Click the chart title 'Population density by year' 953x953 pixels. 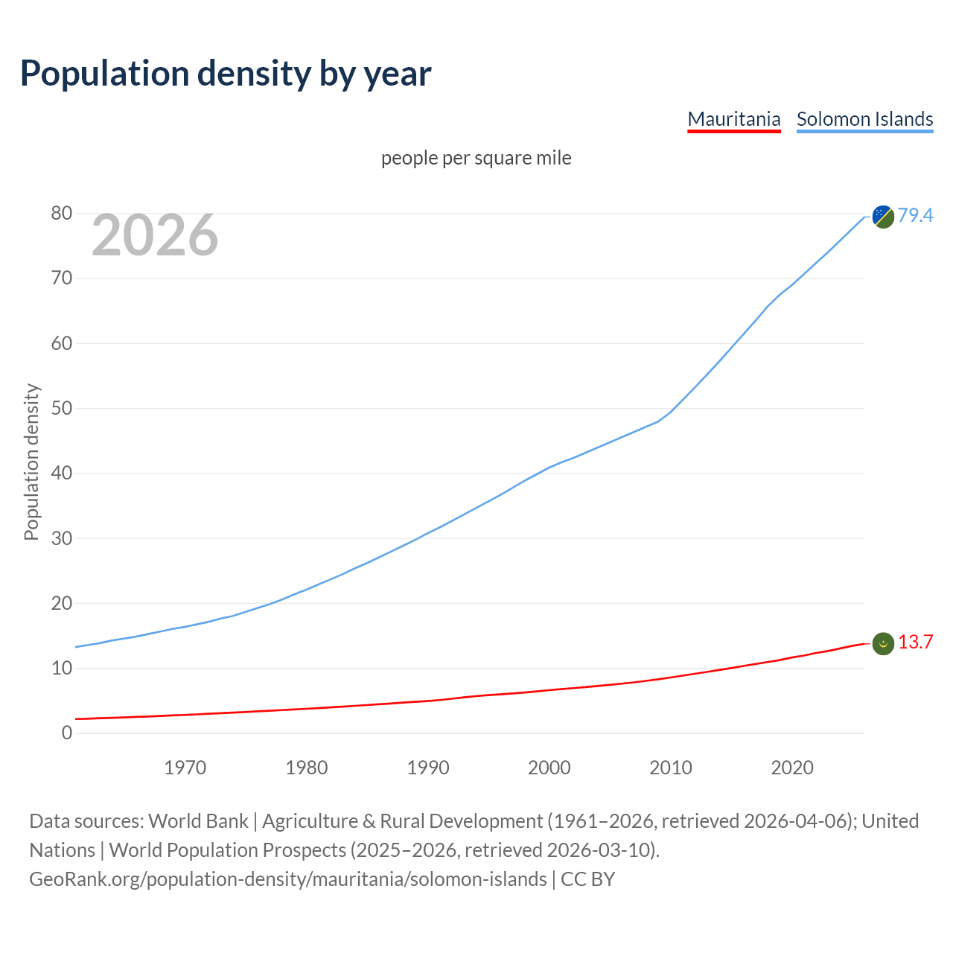(x=226, y=73)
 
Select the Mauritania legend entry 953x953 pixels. (x=733, y=119)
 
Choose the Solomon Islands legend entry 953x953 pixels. (x=864, y=119)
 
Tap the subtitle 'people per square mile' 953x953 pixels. (x=476, y=158)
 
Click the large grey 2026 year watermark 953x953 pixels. (x=155, y=235)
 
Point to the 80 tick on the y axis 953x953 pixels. (x=62, y=214)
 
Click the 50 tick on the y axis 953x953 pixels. (x=62, y=409)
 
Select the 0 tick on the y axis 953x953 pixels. (x=67, y=733)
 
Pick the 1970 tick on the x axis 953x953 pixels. (x=185, y=768)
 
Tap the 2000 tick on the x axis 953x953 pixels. (x=549, y=768)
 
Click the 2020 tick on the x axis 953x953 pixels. (x=792, y=768)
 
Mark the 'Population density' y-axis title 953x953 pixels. (x=31, y=462)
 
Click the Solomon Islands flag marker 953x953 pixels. (x=883, y=217)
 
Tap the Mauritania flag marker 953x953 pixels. (x=883, y=643)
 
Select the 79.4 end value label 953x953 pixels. (x=915, y=215)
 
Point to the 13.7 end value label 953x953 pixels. (x=915, y=642)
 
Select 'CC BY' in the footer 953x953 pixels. (x=587, y=879)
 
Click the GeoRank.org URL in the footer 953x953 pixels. (x=287, y=879)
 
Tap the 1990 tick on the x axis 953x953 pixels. (x=428, y=768)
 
